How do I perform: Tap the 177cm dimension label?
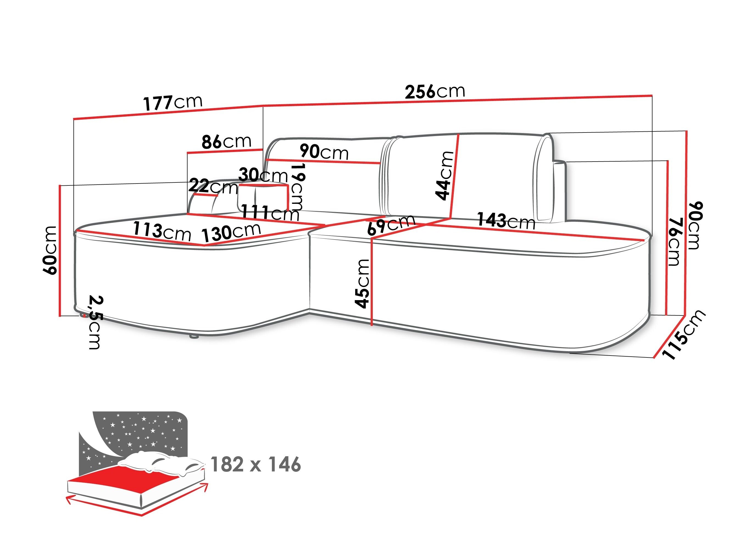coord(173,102)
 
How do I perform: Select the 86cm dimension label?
coord(226,142)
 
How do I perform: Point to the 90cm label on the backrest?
coord(324,152)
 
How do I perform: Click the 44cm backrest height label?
coord(444,175)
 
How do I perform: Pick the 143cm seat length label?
coord(506,221)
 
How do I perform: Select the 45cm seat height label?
coord(362,284)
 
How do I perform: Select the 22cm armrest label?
coord(213,187)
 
